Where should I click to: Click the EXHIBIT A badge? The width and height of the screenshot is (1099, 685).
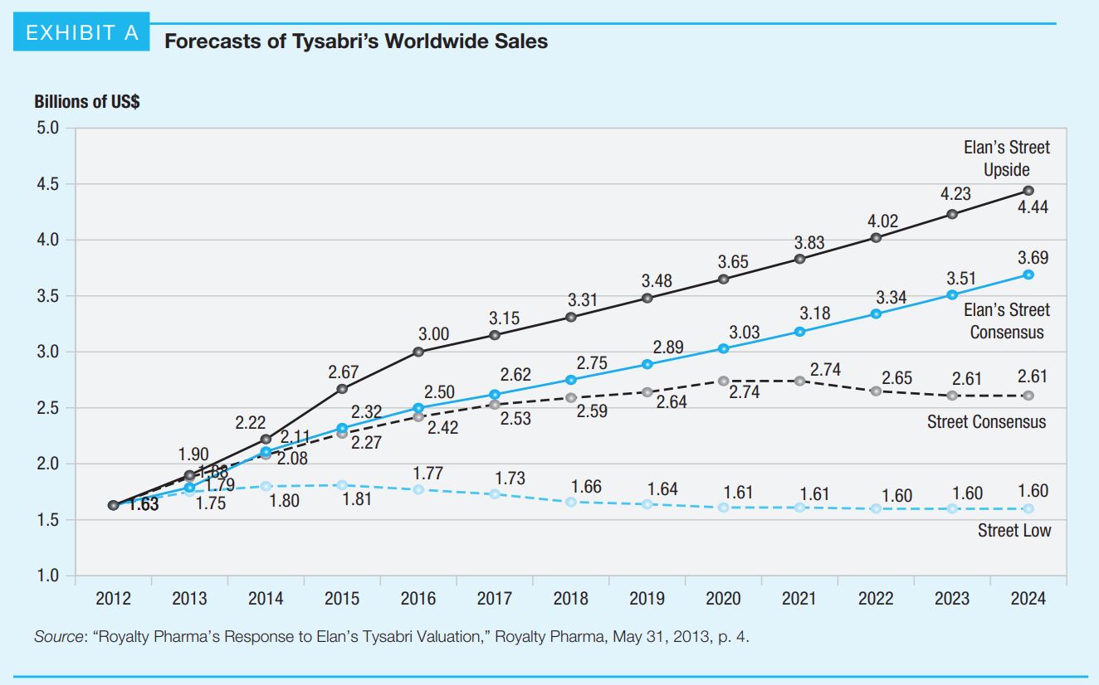[81, 34]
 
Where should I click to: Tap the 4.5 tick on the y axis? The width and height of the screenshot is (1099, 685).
[48, 184]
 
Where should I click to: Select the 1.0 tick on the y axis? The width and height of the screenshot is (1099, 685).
[48, 576]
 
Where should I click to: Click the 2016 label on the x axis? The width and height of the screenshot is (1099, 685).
[418, 598]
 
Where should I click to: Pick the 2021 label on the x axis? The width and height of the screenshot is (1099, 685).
[799, 598]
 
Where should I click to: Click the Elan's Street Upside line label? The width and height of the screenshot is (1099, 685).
[1006, 158]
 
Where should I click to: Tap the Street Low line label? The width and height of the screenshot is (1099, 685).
[1014, 531]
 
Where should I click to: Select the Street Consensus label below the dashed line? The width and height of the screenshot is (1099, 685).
[986, 422]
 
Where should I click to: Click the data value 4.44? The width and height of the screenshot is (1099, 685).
[1033, 207]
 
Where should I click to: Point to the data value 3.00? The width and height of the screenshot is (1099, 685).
[433, 334]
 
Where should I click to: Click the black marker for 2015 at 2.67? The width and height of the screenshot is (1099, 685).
[342, 388]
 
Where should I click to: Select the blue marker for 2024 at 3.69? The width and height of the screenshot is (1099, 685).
[1028, 274]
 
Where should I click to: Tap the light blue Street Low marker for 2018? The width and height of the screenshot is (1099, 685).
[570, 502]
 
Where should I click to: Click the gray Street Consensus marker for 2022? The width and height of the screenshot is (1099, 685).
[876, 391]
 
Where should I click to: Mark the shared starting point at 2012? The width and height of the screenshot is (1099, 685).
[113, 505]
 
